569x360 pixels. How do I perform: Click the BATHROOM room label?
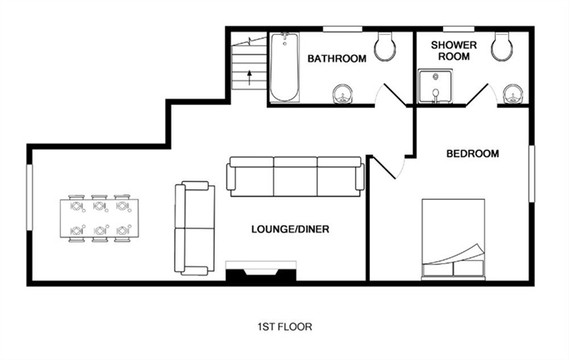tap(337, 59)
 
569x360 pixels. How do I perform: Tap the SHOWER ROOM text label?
tap(454, 51)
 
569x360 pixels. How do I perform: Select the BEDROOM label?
tap(472, 154)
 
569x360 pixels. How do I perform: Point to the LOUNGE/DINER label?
tap(290, 229)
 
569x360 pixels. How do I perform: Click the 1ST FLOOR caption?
tap(284, 327)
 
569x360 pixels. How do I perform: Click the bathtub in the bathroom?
tap(284, 67)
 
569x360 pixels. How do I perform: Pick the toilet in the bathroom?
tap(384, 46)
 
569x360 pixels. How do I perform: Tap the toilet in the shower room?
tap(502, 46)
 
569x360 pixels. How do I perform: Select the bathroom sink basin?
tap(342, 94)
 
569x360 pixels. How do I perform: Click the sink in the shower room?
tap(513, 94)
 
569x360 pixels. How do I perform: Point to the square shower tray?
tap(436, 86)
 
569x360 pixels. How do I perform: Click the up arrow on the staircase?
tap(250, 77)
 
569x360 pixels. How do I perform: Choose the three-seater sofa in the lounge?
tap(295, 176)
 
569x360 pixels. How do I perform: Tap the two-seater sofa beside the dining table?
tap(195, 228)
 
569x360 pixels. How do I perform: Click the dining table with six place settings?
tap(99, 218)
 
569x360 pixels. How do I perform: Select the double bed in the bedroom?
tap(454, 240)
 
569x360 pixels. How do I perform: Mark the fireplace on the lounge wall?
tap(261, 271)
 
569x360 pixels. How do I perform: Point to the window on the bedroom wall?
tap(532, 174)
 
